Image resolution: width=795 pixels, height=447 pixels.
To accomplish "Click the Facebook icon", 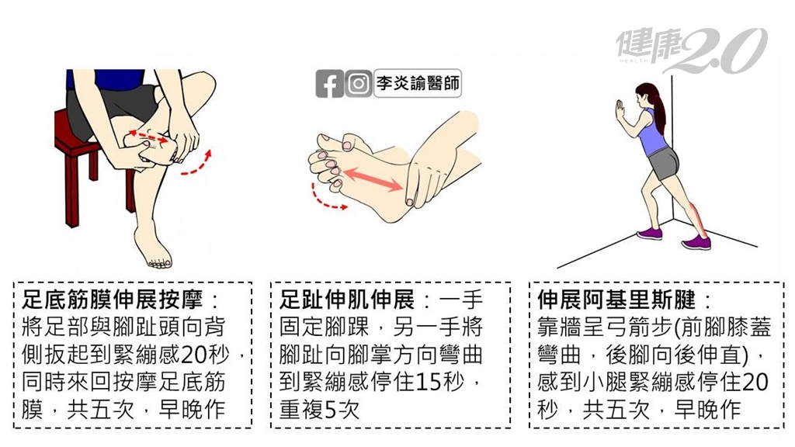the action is pyautogui.click(x=329, y=84).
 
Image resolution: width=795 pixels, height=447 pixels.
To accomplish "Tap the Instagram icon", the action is pyautogui.click(x=359, y=84).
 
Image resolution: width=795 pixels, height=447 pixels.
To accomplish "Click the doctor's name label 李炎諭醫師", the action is pyautogui.click(x=418, y=83).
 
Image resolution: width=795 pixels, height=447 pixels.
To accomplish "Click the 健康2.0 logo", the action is pyautogui.click(x=692, y=50).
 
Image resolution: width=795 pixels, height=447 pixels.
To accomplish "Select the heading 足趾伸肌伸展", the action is pyautogui.click(x=347, y=300).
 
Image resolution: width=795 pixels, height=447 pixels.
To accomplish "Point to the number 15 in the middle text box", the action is pyautogui.click(x=428, y=382).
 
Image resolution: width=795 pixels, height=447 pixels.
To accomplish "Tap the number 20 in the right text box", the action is pyautogui.click(x=755, y=382).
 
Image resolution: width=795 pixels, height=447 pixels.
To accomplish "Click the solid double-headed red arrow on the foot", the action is pyautogui.click(x=373, y=180).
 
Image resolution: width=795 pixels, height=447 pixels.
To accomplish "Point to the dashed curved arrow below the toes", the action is pyautogui.click(x=325, y=199).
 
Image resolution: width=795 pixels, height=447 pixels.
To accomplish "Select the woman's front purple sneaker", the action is pyautogui.click(x=649, y=234).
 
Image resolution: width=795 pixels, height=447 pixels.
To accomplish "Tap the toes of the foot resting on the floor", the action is pyautogui.click(x=158, y=263).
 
